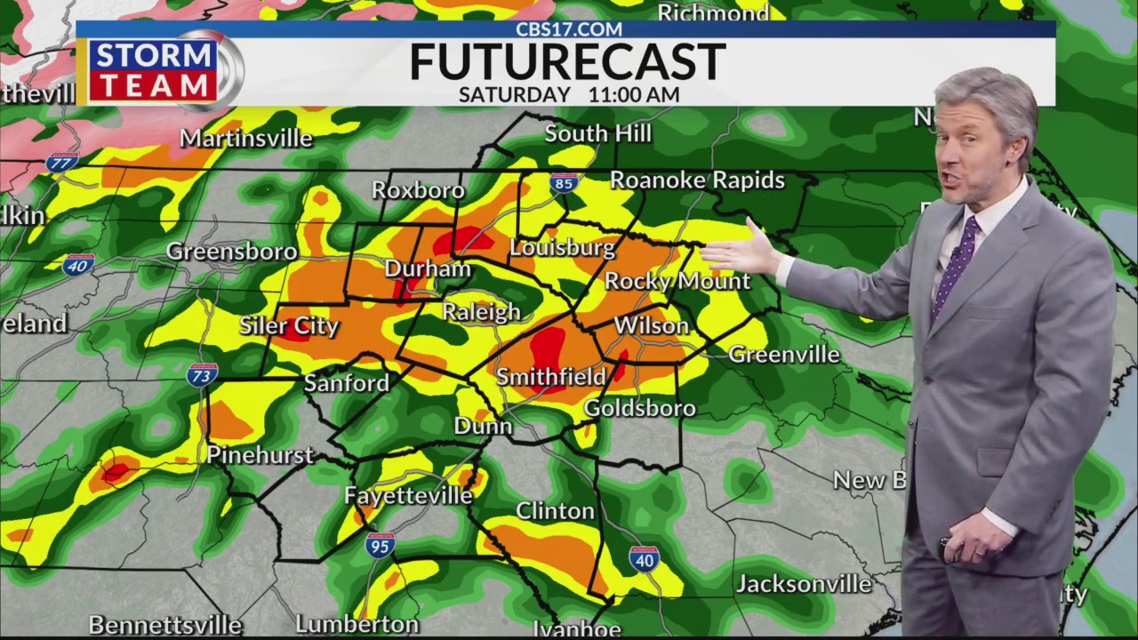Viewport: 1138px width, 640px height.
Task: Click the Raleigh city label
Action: point(481,312)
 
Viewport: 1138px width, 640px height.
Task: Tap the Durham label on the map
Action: point(428,268)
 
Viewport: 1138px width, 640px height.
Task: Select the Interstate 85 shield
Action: point(564,184)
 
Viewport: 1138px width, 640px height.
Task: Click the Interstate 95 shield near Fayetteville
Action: point(380,545)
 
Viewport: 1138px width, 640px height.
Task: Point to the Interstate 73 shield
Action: point(202,375)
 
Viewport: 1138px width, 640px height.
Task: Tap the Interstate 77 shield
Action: point(62,163)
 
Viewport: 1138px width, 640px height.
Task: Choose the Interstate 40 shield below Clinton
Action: point(644,559)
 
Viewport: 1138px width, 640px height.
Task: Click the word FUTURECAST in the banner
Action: point(567,62)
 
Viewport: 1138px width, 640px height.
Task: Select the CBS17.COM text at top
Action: point(569,29)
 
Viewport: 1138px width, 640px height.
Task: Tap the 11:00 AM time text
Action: point(634,94)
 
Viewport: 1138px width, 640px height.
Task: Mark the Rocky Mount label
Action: point(677,281)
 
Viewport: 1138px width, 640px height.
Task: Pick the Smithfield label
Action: point(550,377)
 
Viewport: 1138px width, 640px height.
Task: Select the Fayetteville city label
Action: point(408,495)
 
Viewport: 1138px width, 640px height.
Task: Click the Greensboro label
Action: point(231,252)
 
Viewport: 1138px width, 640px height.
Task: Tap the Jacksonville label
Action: point(804,584)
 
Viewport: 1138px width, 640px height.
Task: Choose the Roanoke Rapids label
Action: point(697,180)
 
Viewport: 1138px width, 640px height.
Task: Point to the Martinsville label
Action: point(246,139)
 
